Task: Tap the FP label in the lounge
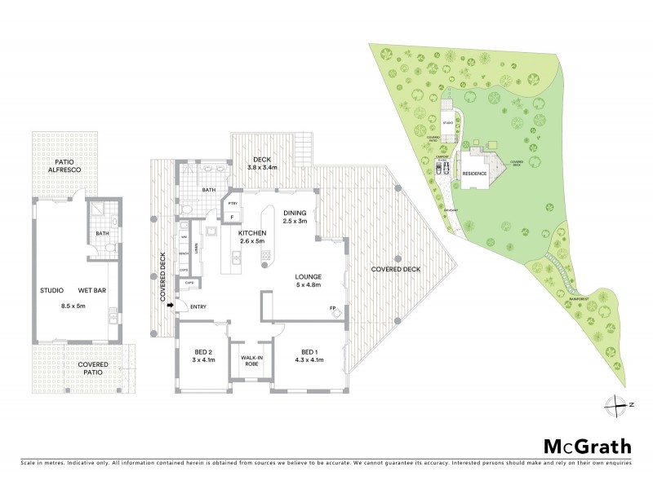click(x=332, y=308)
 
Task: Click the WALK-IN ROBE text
click(x=251, y=361)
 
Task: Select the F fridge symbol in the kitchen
click(x=233, y=217)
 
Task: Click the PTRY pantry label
click(x=233, y=203)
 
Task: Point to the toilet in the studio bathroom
click(x=113, y=221)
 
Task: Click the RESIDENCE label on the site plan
click(x=475, y=174)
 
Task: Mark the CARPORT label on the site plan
click(x=443, y=157)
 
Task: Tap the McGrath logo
click(x=587, y=446)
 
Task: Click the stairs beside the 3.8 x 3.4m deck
click(x=304, y=149)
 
